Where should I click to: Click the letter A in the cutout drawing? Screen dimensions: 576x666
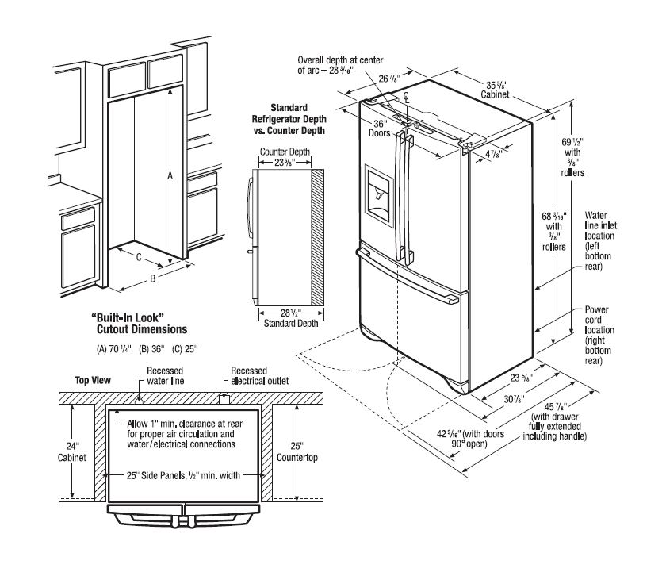(x=169, y=178)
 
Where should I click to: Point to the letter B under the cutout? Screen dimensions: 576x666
(x=152, y=278)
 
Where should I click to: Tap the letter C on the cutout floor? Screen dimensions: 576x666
(x=139, y=256)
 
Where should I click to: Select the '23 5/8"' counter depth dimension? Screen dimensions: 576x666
(x=284, y=163)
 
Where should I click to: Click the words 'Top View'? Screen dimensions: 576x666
(x=92, y=379)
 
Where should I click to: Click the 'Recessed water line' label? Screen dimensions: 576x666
(x=164, y=375)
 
